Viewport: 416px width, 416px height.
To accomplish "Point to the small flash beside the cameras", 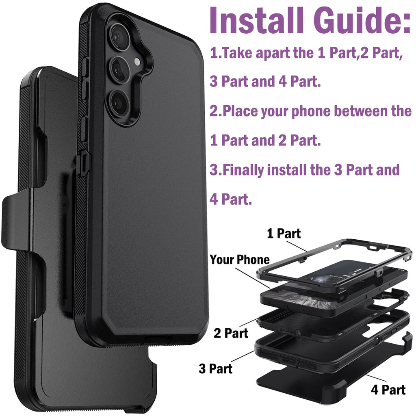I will [x=138, y=61].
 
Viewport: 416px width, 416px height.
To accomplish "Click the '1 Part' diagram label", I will [x=284, y=234].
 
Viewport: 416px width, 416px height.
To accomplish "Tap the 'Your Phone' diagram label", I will [x=240, y=260].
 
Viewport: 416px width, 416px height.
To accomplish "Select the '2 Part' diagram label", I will [x=231, y=334].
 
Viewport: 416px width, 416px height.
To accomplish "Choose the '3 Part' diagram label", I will [x=215, y=368].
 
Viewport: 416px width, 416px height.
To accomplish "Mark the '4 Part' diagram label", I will [x=388, y=390].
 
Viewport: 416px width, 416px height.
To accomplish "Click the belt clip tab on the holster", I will [x=16, y=221].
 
